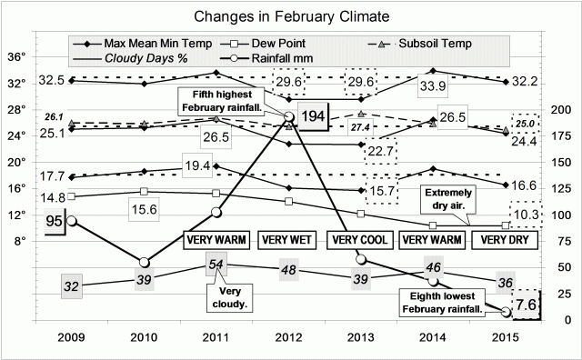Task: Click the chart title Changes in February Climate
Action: click(x=290, y=16)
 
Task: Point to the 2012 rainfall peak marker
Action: click(x=289, y=116)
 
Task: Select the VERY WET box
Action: click(x=288, y=240)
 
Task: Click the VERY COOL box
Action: click(x=360, y=240)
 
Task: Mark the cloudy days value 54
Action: click(x=216, y=263)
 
